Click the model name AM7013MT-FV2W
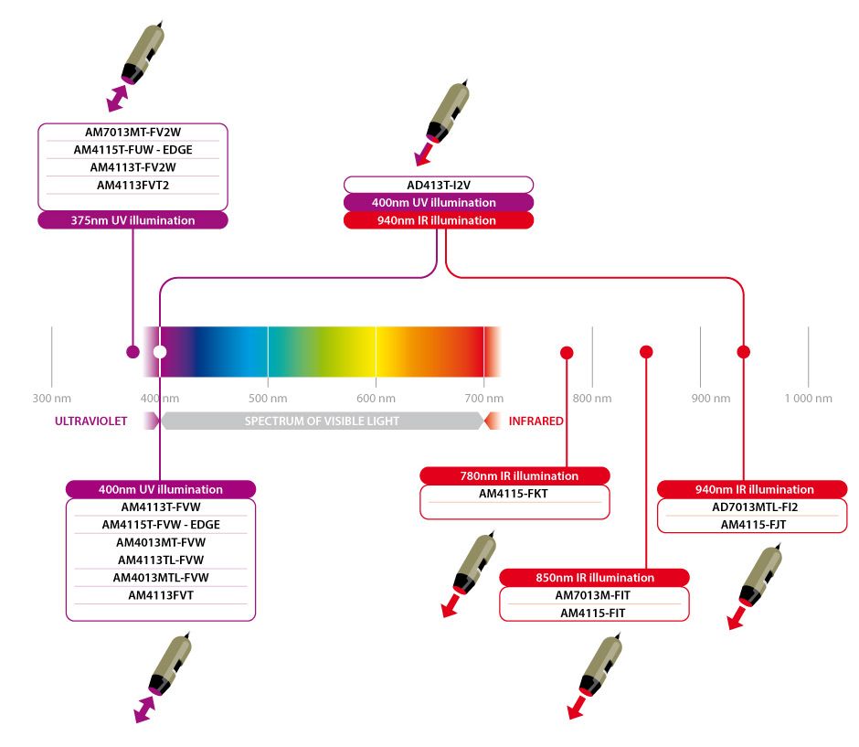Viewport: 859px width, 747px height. pyautogui.click(x=133, y=132)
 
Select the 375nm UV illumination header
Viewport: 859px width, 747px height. pyautogui.click(x=133, y=220)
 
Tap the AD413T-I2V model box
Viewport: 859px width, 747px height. pyautogui.click(x=439, y=185)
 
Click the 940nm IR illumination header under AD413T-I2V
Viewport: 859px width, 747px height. pyautogui.click(x=439, y=220)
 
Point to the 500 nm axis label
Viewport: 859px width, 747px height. pyautogui.click(x=267, y=399)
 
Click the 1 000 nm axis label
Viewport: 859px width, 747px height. pyautogui.click(x=808, y=399)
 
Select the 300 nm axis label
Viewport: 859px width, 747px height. pyautogui.click(x=51, y=399)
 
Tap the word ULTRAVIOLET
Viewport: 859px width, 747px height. pyautogui.click(x=90, y=422)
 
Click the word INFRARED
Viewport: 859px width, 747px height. pyautogui.click(x=536, y=422)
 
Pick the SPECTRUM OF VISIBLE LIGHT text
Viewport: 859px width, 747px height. pyautogui.click(x=322, y=422)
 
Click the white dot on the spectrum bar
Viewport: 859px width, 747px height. pyautogui.click(x=160, y=351)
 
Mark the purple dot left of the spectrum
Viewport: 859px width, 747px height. pyautogui.click(x=133, y=351)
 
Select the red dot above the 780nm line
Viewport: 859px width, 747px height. pyautogui.click(x=567, y=352)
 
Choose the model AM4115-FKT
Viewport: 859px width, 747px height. pyautogui.click(x=514, y=495)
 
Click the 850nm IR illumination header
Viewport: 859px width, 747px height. pyautogui.click(x=594, y=578)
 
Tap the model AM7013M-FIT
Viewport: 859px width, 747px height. pyautogui.click(x=593, y=595)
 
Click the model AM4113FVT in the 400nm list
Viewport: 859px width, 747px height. pyautogui.click(x=161, y=595)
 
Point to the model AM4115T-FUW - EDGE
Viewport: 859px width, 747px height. pyautogui.click(x=133, y=149)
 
